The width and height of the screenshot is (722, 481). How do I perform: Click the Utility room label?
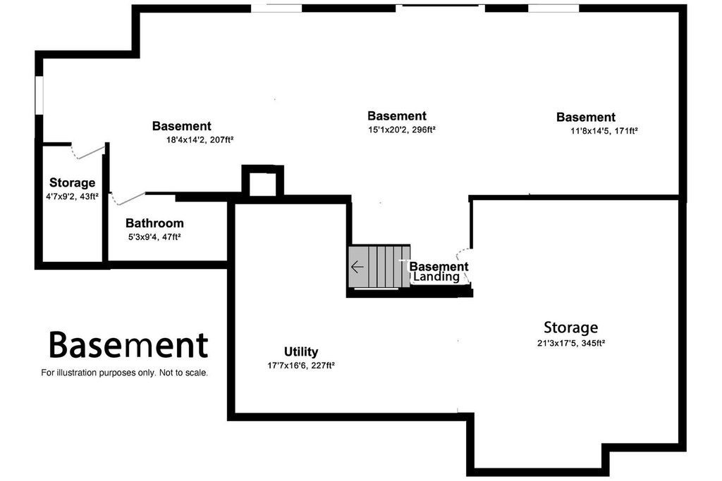pyautogui.click(x=301, y=351)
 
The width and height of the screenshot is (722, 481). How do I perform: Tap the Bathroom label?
pyautogui.click(x=155, y=223)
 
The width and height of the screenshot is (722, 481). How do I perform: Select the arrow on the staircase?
pyautogui.click(x=357, y=267)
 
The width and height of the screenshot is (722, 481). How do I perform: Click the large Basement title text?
pyautogui.click(x=128, y=345)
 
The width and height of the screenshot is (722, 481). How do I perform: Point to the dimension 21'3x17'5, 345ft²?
pyautogui.click(x=570, y=344)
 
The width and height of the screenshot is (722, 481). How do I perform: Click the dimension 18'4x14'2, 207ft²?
pyautogui.click(x=200, y=139)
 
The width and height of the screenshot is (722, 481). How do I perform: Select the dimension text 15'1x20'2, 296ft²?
pyautogui.click(x=401, y=130)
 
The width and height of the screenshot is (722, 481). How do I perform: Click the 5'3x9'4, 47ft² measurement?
pyautogui.click(x=154, y=237)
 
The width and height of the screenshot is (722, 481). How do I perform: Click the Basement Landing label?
pyautogui.click(x=439, y=272)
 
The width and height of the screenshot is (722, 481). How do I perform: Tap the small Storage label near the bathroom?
pyautogui.click(x=72, y=183)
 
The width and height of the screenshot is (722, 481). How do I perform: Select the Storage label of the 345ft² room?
pyautogui.click(x=570, y=327)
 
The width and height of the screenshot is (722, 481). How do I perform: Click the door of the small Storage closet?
pyautogui.click(x=90, y=151)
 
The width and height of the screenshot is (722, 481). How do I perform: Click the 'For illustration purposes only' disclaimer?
pyautogui.click(x=125, y=373)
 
